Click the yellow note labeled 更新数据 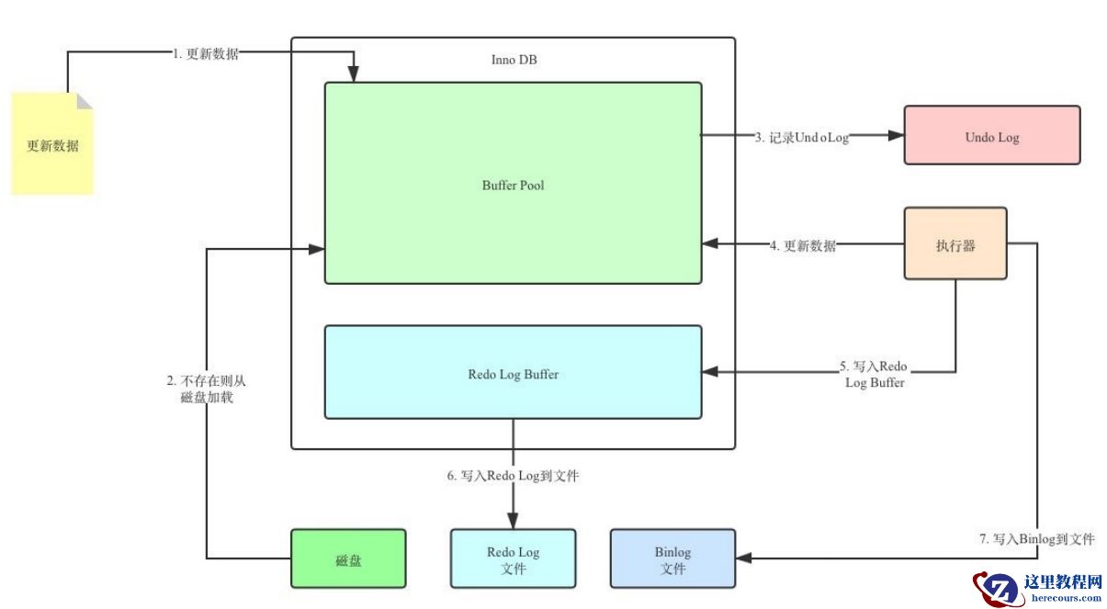(52, 145)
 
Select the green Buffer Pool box (513, 184)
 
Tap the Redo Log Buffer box (513, 373)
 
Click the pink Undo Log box (991, 136)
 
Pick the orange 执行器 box (955, 244)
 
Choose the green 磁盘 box (348, 558)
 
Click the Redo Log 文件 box (513, 559)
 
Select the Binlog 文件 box (672, 559)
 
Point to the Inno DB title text (514, 61)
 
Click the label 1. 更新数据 (206, 54)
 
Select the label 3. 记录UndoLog (801, 137)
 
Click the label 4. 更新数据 (802, 246)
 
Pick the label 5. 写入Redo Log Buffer (874, 375)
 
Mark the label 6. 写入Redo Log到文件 (513, 477)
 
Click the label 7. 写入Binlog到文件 (1037, 539)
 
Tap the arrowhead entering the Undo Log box (896, 136)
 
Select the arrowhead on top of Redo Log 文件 (513, 521)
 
